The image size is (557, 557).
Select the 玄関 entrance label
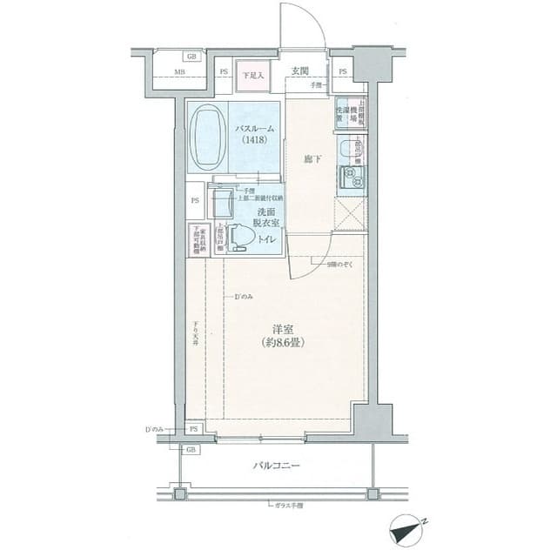[x=300, y=70]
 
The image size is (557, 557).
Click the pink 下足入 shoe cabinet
[x=252, y=76]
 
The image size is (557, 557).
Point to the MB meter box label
[x=179, y=72]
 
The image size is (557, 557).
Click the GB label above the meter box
[x=191, y=57]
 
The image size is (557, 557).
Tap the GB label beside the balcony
[x=191, y=449]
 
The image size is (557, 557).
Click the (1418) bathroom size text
[x=255, y=139]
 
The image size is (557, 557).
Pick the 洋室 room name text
[x=281, y=329]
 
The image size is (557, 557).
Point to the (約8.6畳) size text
[x=281, y=342]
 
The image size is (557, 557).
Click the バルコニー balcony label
[x=276, y=466]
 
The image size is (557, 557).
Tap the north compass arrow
[x=405, y=527]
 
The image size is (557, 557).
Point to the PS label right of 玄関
[x=342, y=71]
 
